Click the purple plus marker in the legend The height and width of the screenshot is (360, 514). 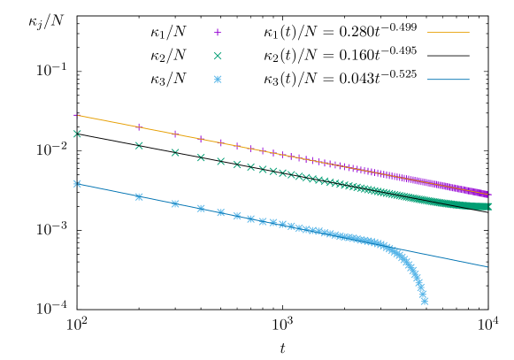click(218, 33)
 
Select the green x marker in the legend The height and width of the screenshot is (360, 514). click(218, 56)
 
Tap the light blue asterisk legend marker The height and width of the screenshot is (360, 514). click(218, 80)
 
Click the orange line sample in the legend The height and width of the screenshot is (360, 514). click(448, 33)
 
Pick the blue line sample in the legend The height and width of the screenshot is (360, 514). click(448, 80)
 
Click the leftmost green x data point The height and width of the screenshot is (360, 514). click(77, 134)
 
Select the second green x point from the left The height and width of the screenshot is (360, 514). click(139, 146)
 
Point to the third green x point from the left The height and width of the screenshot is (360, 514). click(175, 153)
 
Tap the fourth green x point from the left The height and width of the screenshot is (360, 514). click(201, 157)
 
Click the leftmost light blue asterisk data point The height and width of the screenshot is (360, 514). click(77, 184)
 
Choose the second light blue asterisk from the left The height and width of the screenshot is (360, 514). click(139, 196)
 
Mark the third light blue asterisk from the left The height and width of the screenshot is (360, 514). click(175, 203)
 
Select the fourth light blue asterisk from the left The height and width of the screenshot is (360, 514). click(201, 209)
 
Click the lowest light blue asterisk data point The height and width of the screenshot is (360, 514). click(425, 301)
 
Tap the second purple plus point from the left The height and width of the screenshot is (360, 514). click(139, 126)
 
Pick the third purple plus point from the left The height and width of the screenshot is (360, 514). click(175, 134)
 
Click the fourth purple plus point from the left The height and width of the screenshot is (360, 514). click(201, 139)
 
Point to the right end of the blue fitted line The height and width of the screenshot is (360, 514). click(487, 266)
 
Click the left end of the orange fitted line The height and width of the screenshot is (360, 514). click(77, 115)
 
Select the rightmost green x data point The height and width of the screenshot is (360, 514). click(487, 207)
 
